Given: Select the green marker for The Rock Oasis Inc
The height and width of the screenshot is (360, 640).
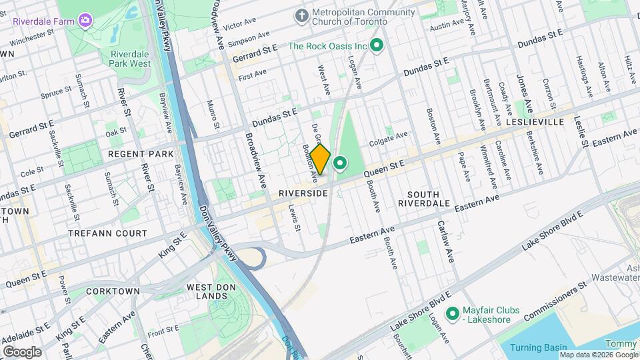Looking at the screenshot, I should pyautogui.click(x=376, y=46).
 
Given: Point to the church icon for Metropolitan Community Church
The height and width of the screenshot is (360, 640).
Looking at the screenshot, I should pyautogui.click(x=302, y=15).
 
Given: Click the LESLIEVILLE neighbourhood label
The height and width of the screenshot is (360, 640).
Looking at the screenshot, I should pyautogui.click(x=535, y=122).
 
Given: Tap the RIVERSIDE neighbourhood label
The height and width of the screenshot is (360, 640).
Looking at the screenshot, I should pyautogui.click(x=303, y=193).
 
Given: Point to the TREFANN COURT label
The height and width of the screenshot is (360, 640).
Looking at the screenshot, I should pyautogui.click(x=107, y=233).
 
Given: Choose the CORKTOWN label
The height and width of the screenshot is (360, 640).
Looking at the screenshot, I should pyautogui.click(x=113, y=291).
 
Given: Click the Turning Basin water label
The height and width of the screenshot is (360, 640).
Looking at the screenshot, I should pyautogui.click(x=539, y=347).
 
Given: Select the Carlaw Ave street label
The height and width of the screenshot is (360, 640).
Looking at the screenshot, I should pyautogui.click(x=445, y=241).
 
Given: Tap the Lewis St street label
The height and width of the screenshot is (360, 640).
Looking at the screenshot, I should pyautogui.click(x=293, y=217).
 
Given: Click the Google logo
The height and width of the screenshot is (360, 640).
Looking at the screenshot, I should pyautogui.click(x=22, y=351).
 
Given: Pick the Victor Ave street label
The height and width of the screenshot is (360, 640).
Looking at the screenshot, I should pyautogui.click(x=240, y=26).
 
